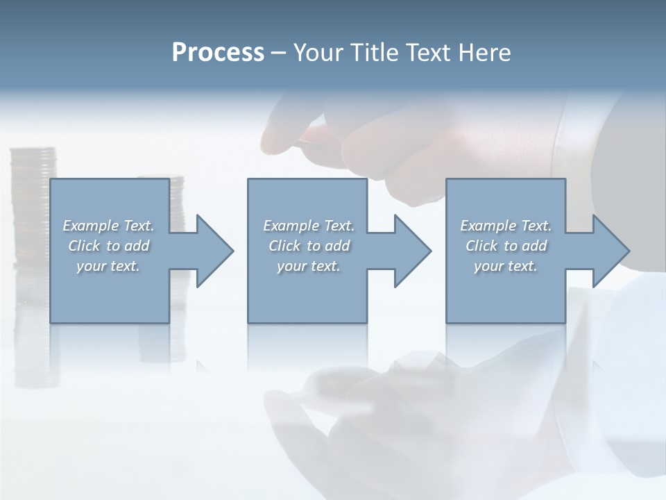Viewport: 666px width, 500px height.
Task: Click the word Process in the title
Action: tap(218, 53)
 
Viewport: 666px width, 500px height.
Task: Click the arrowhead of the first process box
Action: tap(214, 251)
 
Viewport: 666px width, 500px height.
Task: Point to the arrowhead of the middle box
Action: tap(412, 251)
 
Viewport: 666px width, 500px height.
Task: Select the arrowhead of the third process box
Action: tap(610, 251)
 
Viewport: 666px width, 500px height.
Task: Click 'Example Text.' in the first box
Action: tap(108, 226)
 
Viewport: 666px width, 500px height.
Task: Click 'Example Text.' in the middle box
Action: tap(308, 226)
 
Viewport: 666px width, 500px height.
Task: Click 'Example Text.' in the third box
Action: tap(506, 226)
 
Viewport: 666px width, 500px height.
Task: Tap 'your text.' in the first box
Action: tap(108, 266)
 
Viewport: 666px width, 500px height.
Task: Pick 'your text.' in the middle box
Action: tap(308, 266)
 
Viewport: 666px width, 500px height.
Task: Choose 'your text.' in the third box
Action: tap(506, 266)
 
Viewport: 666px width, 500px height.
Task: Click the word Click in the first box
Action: tap(84, 246)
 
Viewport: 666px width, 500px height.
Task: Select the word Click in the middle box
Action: tap(284, 246)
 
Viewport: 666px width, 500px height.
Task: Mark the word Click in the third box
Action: tap(481, 246)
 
